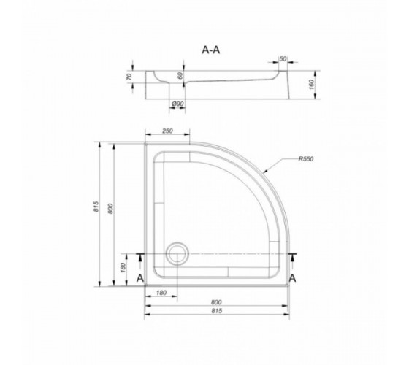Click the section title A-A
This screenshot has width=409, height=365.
pyautogui.click(x=211, y=50)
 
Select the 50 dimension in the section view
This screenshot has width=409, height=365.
pyautogui.click(x=283, y=59)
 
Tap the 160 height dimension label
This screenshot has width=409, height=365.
pyautogui.click(x=312, y=85)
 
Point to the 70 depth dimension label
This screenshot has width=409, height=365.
pyautogui.click(x=129, y=77)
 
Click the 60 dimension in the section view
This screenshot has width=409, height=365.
pyautogui.click(x=180, y=76)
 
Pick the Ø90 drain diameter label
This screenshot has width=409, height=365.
pyautogui.click(x=177, y=104)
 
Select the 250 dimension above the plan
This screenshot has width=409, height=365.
pyautogui.click(x=167, y=131)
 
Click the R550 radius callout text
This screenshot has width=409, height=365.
pyautogui.click(x=306, y=159)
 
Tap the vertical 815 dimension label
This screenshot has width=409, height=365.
pyautogui.click(x=96, y=206)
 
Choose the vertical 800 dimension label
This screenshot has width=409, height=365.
pyautogui.click(x=110, y=209)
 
